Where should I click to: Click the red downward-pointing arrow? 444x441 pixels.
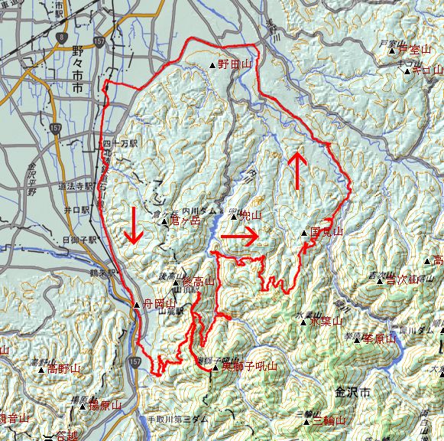tap(134, 224)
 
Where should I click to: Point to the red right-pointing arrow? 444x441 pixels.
tap(239, 237)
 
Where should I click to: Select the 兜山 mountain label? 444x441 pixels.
tap(250, 216)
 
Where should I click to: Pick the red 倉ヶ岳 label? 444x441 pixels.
tap(185, 220)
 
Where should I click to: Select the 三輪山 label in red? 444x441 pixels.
tap(329, 421)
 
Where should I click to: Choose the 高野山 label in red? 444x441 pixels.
tap(63, 369)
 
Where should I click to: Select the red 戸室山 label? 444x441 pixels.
tap(415, 50)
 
